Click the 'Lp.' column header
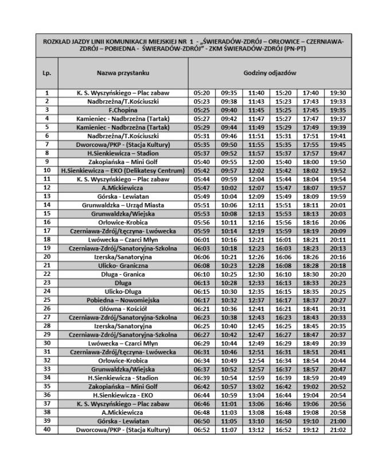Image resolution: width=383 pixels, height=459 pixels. pyautogui.click(x=46, y=73)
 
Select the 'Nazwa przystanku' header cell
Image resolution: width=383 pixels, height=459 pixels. pyautogui.click(x=123, y=73)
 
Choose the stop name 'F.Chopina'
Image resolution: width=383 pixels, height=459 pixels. pyautogui.click(x=123, y=110)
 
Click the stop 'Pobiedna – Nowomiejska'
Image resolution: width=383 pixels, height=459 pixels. pyautogui.click(x=123, y=299)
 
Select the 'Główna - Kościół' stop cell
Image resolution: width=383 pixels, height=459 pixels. pyautogui.click(x=123, y=308)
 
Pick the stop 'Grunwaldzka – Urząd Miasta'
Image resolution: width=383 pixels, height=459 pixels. pyautogui.click(x=123, y=204)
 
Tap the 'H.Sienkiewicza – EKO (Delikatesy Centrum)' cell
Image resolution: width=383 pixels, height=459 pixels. pyautogui.click(x=123, y=170)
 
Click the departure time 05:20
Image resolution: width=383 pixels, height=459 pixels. pyautogui.click(x=201, y=92)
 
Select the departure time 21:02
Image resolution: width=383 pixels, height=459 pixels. pyautogui.click(x=338, y=429)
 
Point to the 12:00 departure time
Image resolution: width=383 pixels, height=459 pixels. pyautogui.click(x=256, y=162)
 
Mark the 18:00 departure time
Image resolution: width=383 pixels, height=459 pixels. pyautogui.click(x=310, y=170)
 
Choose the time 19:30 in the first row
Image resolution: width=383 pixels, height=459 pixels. pyautogui.click(x=338, y=92)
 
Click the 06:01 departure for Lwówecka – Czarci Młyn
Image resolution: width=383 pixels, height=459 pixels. pyautogui.click(x=201, y=239)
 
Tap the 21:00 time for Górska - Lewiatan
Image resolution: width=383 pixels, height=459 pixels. pyautogui.click(x=338, y=421)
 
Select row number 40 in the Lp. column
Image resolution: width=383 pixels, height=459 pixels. pyautogui.click(x=46, y=429)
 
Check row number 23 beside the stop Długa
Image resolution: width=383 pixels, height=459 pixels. pyautogui.click(x=46, y=282)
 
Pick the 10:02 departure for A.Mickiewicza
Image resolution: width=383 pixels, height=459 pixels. pyautogui.click(x=229, y=188)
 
